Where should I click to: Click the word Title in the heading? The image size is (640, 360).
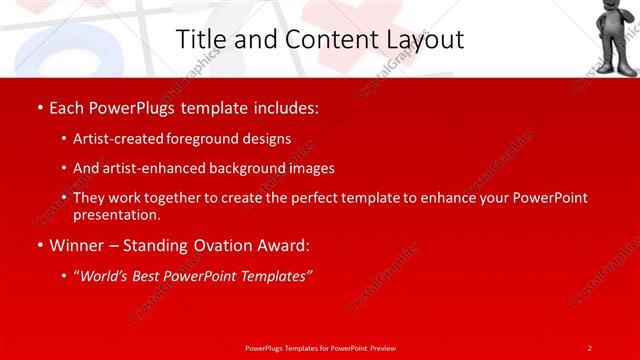(x=199, y=40)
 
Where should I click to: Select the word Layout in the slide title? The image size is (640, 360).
(x=421, y=40)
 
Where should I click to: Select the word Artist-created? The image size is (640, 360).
(x=112, y=139)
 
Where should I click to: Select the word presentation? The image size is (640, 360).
(x=115, y=214)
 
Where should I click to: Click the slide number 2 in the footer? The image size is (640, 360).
(x=589, y=347)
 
